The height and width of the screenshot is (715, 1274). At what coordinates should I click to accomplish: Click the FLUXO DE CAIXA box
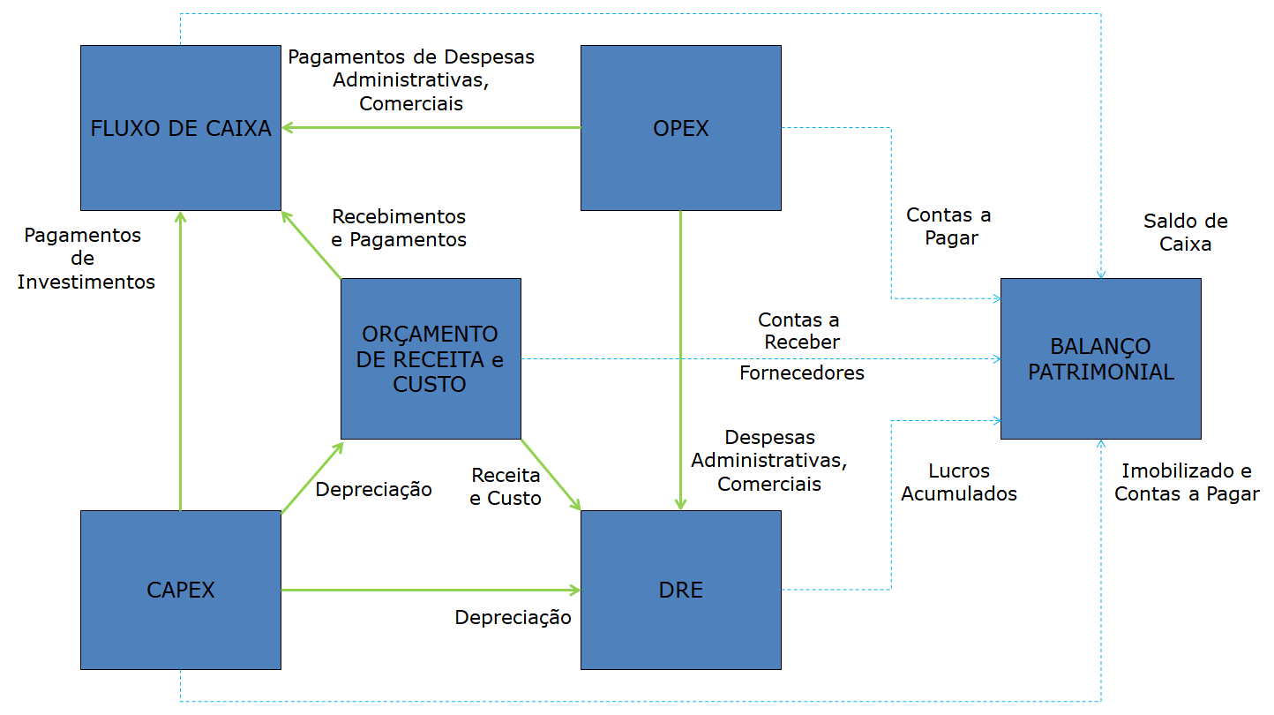click(x=181, y=128)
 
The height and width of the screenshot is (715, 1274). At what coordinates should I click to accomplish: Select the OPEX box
click(x=680, y=128)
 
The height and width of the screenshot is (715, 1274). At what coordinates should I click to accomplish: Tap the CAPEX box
click(x=181, y=590)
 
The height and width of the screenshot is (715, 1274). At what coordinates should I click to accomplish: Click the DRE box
click(x=680, y=590)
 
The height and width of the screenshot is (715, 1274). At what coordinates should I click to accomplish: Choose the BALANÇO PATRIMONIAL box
click(x=1100, y=358)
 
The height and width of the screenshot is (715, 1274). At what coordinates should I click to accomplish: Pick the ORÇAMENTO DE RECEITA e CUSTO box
click(x=431, y=358)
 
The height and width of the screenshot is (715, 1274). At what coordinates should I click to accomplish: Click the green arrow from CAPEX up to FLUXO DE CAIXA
click(x=181, y=362)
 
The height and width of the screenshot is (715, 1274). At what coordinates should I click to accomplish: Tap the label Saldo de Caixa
click(x=1185, y=233)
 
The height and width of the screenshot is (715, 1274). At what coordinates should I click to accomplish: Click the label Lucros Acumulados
click(x=958, y=483)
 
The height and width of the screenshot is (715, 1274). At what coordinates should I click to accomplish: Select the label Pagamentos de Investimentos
click(x=86, y=259)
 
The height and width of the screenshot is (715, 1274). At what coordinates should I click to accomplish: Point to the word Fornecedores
click(x=801, y=373)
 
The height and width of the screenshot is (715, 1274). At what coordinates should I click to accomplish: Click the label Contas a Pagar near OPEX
click(x=948, y=226)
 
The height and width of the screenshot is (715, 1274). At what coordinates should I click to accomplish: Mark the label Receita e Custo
click(x=506, y=486)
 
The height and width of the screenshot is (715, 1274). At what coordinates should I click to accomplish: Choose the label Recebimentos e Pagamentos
click(x=399, y=228)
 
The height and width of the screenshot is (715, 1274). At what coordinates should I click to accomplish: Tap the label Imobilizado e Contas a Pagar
click(x=1186, y=483)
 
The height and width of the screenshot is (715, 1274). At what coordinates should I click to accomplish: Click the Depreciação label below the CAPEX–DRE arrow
click(x=513, y=618)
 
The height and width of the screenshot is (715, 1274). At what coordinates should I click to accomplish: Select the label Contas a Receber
click(x=798, y=330)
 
